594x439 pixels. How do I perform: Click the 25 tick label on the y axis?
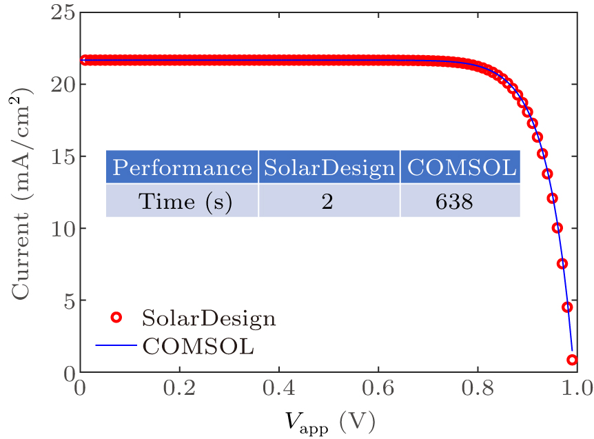coord(61,13)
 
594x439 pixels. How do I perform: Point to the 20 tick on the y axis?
coord(61,85)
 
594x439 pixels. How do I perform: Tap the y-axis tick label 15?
coord(61,156)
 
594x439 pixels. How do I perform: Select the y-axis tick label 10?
coord(61,228)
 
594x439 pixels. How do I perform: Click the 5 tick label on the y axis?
coord(67,300)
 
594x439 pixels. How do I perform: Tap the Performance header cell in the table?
coord(182,167)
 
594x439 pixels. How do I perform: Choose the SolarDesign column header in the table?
coord(329,167)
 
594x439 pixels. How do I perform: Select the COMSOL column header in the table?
coord(460,167)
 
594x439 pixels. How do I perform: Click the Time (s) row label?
coord(182,201)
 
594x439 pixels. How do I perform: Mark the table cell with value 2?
coord(329,201)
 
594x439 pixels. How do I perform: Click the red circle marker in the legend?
coord(116,318)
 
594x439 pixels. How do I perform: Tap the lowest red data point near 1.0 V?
coord(572,360)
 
